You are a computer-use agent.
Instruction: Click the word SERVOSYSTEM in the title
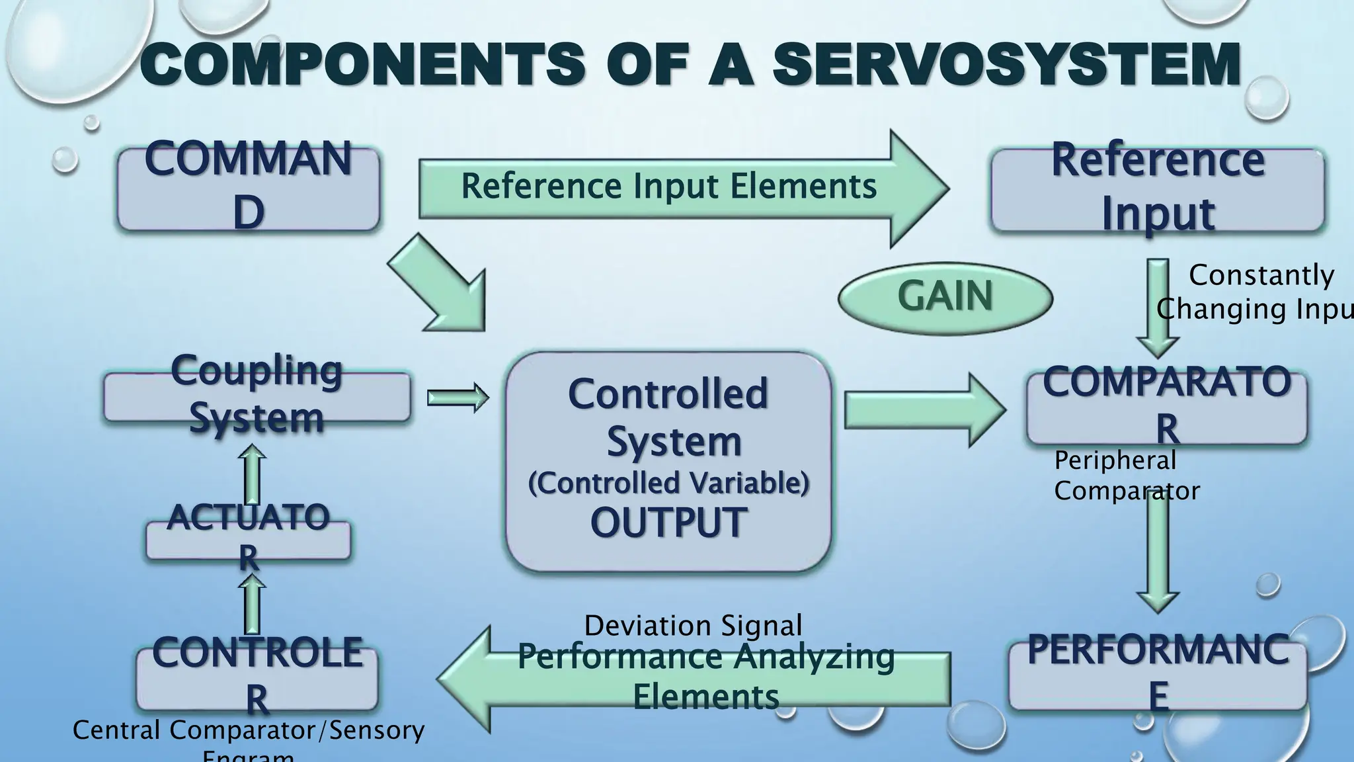coord(1005,65)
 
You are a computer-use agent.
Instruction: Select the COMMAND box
coord(249,189)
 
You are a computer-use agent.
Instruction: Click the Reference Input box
coord(1157,189)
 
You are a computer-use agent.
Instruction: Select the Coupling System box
coord(257,396)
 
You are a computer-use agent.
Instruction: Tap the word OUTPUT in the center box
coord(668,523)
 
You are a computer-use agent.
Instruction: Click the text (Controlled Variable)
coord(668,483)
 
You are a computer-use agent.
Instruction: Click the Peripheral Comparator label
coord(1124,476)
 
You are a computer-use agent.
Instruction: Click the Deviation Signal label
coord(693,626)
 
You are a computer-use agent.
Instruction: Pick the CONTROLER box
coord(257,678)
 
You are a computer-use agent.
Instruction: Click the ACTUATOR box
coord(248,539)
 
